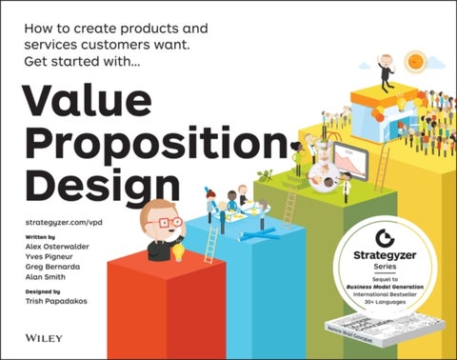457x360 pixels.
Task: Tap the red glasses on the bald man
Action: tap(169, 222)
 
